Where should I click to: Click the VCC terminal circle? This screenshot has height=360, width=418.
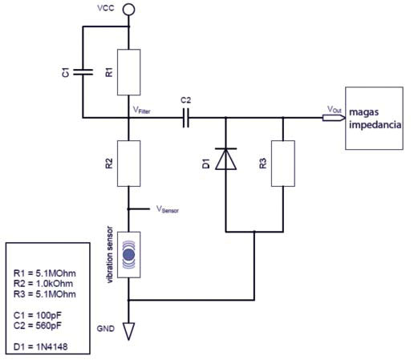coord(128,10)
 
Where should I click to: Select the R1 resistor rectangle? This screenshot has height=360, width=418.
coord(129,72)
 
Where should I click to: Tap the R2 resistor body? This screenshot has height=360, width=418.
coord(129,164)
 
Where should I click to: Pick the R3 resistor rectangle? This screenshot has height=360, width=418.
coord(283,164)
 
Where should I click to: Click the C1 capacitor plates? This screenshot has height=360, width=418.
coord(83,72)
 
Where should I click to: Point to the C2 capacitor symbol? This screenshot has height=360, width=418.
coord(186,118)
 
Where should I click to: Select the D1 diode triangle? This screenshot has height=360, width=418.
coord(226,159)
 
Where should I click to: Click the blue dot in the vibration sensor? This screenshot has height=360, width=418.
coord(128,255)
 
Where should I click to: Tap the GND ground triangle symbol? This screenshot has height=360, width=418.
coord(128,331)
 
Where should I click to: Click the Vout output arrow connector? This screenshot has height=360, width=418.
coord(334,118)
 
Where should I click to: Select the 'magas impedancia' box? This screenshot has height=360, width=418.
coord(375,118)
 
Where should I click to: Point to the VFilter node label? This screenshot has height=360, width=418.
coord(142,110)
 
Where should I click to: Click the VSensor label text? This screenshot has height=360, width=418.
coord(168,209)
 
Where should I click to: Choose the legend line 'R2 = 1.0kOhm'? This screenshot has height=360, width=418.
coord(43,284)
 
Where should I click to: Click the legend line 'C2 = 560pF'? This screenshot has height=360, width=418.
coord(38,326)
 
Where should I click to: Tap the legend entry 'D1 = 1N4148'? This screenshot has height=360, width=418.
coord(40,347)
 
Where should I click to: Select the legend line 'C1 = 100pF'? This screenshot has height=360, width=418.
coord(38,315)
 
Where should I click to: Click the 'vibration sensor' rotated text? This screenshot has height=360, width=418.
coord(110,255)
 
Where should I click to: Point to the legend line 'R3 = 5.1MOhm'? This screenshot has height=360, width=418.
coord(45,294)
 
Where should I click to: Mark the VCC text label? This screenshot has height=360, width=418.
coord(106,8)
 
